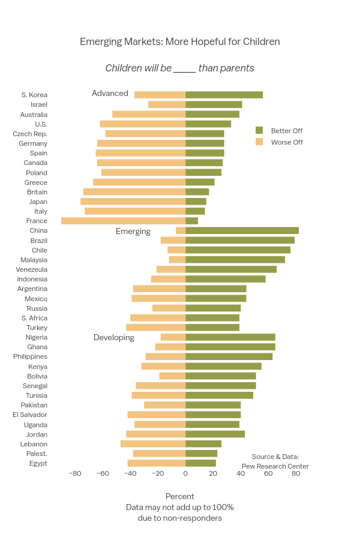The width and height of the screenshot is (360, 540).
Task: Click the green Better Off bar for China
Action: (242, 230)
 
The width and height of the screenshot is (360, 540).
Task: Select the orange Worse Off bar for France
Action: (123, 221)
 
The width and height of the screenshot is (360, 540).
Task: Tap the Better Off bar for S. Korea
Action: (224, 95)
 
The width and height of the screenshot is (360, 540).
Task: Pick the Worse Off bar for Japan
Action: (133, 202)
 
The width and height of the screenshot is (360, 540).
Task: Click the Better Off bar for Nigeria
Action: (230, 337)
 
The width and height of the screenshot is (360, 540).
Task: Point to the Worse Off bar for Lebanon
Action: (153, 444)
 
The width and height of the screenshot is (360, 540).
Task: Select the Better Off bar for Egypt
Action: (200, 463)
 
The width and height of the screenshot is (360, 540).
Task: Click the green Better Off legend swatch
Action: (259, 130)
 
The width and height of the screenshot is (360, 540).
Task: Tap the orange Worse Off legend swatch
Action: (259, 142)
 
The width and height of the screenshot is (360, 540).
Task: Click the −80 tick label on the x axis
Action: (74, 473)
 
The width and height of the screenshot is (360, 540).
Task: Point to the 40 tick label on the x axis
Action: (241, 473)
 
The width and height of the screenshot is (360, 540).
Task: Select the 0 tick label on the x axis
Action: (185, 473)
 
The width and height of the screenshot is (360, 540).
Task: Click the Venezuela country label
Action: (32, 269)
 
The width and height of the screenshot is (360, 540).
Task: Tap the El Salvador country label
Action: (30, 415)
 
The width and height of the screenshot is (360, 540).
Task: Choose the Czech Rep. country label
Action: (30, 134)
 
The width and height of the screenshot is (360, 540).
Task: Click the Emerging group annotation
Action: (133, 232)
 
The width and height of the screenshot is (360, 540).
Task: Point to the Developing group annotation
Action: (114, 338)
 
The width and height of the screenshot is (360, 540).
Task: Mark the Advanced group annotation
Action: (110, 94)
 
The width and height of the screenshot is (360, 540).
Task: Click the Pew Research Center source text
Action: (275, 466)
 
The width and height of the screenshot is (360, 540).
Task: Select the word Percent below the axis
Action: (180, 496)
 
